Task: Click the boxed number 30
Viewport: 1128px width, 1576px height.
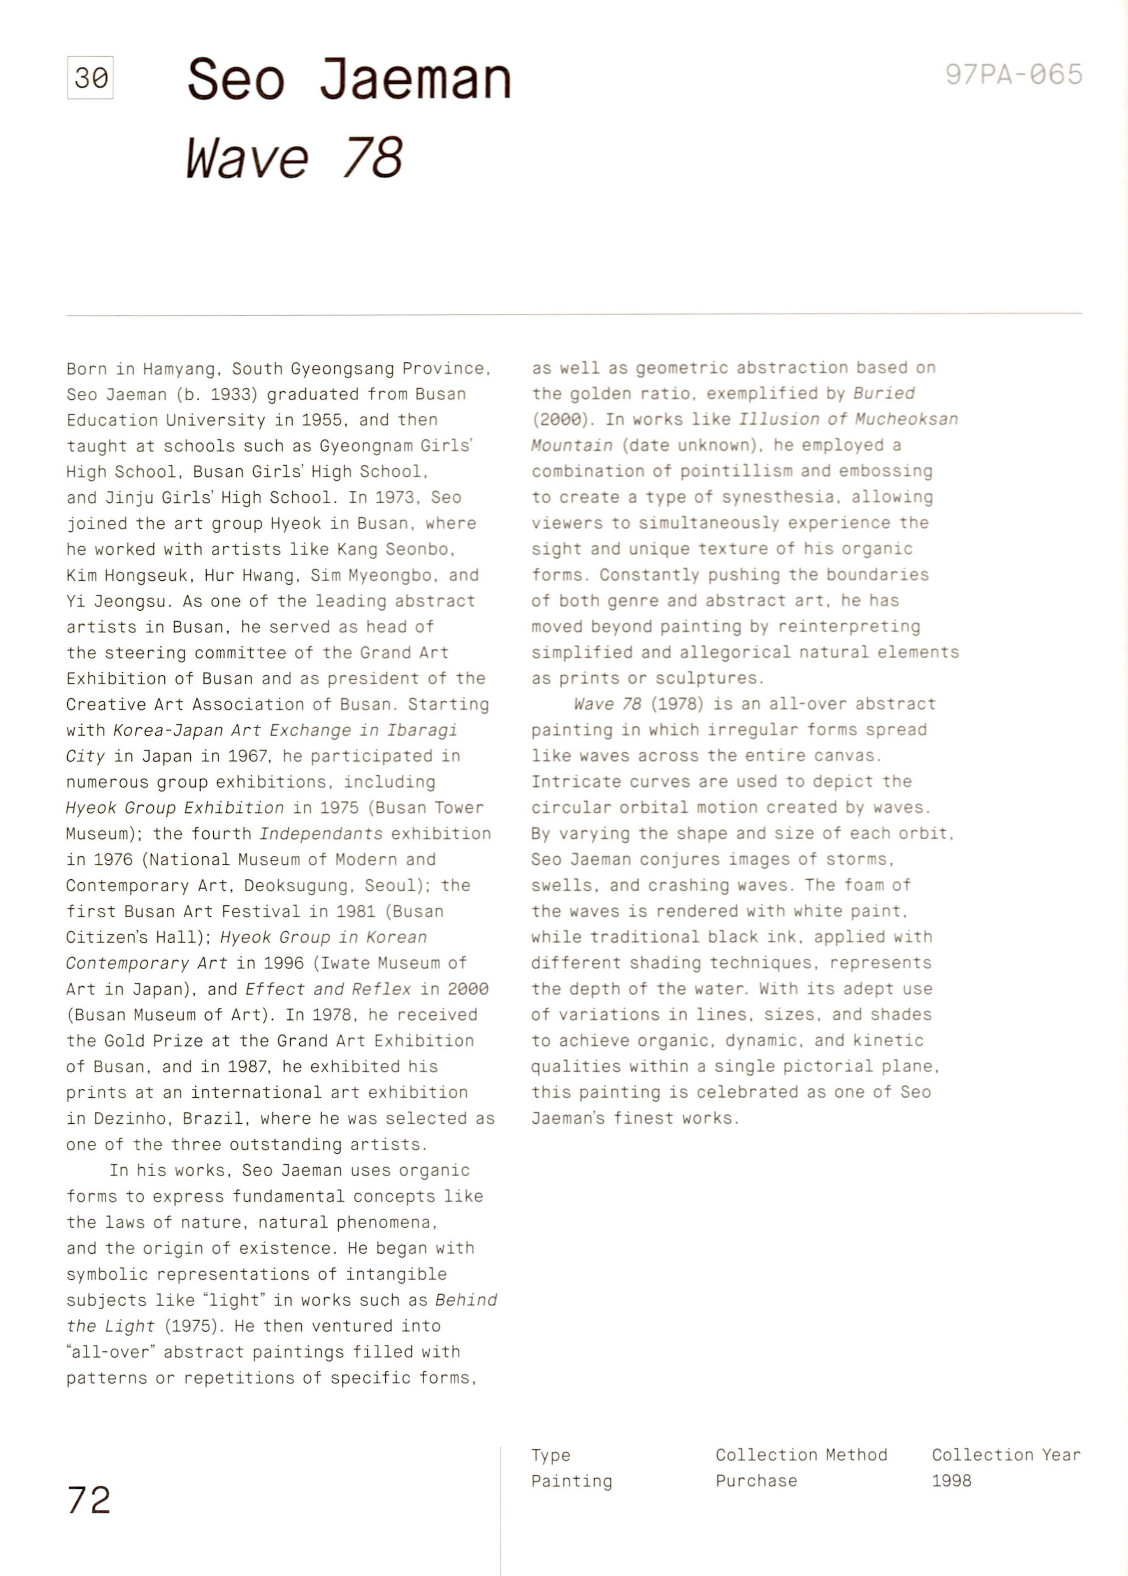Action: [x=90, y=78]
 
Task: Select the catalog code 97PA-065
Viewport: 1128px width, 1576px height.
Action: [x=1014, y=74]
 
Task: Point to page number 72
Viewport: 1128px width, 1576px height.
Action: [x=89, y=1500]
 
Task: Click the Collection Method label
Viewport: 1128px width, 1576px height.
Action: [x=801, y=1455]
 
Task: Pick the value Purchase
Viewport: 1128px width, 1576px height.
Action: [x=756, y=1481]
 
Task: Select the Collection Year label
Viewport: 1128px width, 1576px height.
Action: [x=1006, y=1455]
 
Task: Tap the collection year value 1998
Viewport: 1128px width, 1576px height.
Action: [x=952, y=1481]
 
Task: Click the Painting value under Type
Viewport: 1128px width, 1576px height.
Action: [x=572, y=1481]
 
